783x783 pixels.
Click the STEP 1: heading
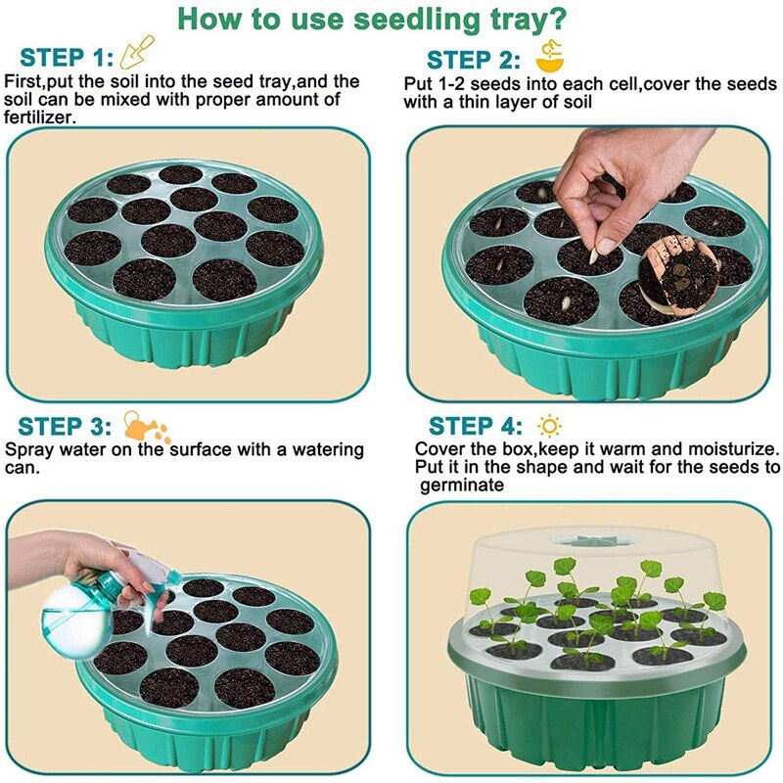[x=67, y=56]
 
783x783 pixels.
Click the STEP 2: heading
[x=475, y=60]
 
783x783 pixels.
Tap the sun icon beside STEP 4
[x=550, y=426]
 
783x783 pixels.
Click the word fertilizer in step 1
[x=40, y=117]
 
